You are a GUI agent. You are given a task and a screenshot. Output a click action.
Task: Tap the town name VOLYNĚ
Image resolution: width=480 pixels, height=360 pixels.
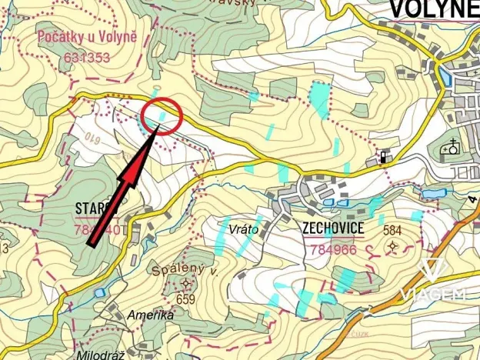pos(433,8)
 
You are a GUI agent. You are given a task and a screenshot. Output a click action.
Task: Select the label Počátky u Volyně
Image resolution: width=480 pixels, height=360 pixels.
pos(76,38)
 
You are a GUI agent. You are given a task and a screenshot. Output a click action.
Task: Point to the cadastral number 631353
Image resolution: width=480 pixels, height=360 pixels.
pos(87,56)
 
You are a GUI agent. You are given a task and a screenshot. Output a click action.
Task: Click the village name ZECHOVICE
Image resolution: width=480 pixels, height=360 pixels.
pos(334,228)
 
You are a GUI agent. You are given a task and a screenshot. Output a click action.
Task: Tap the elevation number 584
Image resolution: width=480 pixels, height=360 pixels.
pos(393,230)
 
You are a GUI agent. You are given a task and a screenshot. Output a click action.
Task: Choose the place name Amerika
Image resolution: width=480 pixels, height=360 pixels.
pos(152,315)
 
